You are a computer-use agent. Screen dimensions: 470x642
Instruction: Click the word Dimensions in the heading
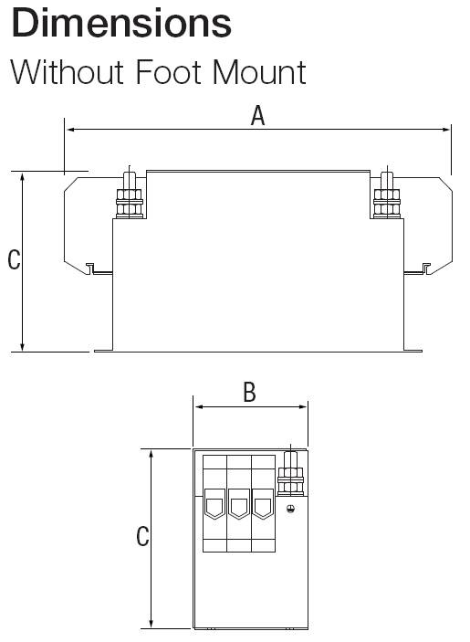[121, 23]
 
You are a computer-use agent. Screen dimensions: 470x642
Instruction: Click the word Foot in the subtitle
[169, 72]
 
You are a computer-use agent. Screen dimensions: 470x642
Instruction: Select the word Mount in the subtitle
[259, 72]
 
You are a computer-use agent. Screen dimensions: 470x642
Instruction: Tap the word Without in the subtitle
[68, 72]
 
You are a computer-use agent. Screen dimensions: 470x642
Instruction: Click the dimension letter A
[257, 115]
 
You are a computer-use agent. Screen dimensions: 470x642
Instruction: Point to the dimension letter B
[249, 393]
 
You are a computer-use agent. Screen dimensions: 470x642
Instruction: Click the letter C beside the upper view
[14, 259]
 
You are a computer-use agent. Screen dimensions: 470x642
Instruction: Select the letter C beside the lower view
[142, 536]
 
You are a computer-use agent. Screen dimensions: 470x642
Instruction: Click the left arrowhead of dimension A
[70, 130]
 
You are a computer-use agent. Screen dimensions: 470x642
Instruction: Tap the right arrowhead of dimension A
[445, 130]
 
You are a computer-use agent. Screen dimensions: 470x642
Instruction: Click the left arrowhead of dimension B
[199, 407]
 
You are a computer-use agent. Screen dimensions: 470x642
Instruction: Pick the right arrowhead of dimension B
[303, 407]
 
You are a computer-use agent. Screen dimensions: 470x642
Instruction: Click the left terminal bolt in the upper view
[130, 195]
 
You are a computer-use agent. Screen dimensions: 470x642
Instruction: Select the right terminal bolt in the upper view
[387, 195]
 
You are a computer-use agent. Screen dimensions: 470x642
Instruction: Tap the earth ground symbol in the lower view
[290, 509]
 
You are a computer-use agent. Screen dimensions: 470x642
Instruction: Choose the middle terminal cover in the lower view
[238, 503]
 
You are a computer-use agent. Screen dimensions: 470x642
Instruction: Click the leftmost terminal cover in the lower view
[214, 503]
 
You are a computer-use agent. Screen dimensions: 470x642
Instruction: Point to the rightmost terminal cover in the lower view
[262, 503]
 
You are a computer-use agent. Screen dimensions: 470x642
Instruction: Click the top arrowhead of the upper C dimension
[23, 177]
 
